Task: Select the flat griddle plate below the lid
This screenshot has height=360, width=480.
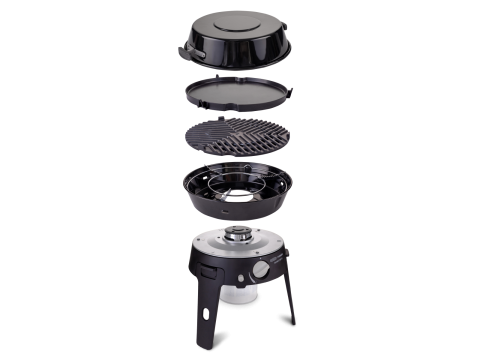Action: [240, 96]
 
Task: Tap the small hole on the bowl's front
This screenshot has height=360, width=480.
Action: [227, 213]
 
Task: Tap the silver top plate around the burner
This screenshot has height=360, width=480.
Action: [215, 245]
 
